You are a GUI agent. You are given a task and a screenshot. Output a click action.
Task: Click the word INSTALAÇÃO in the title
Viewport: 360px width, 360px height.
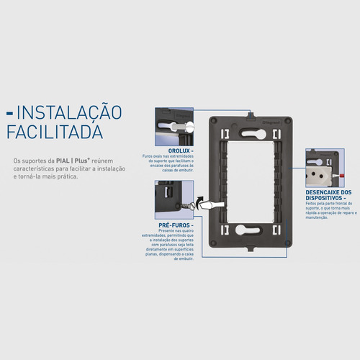[x=69, y=112]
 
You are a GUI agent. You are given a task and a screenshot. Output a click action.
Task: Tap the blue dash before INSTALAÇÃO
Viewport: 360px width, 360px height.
[x=9, y=113]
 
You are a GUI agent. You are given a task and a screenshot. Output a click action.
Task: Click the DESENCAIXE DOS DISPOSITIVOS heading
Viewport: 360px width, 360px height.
[x=328, y=196]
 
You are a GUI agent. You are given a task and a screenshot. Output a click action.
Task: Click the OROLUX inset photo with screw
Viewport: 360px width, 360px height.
[x=174, y=129]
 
